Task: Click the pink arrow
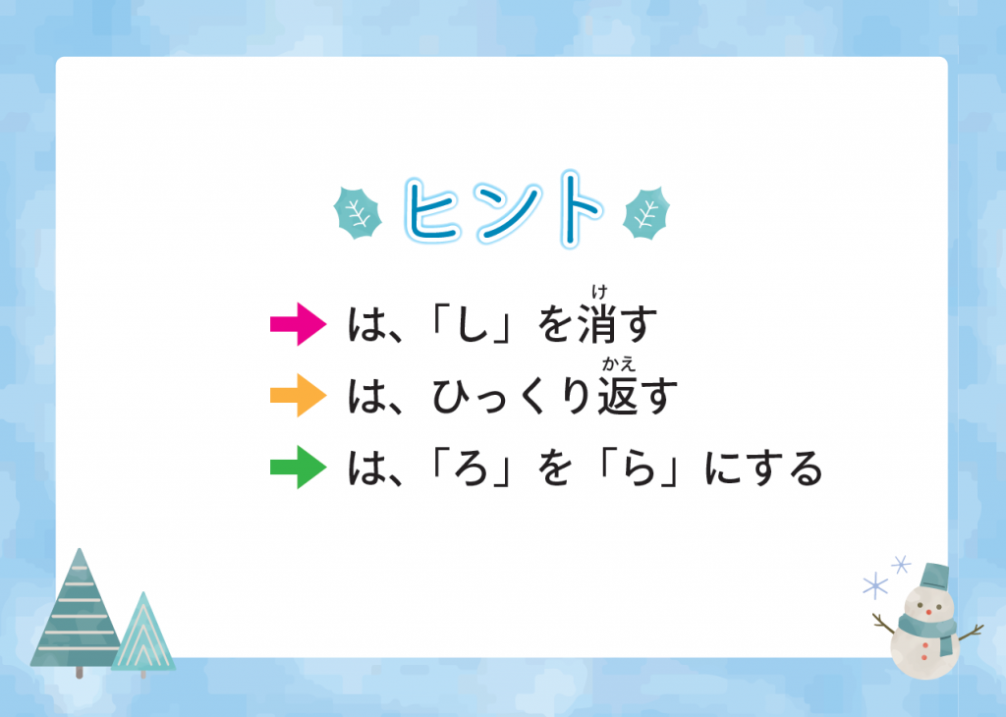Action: point(299,324)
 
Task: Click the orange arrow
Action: point(299,395)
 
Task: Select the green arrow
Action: point(299,467)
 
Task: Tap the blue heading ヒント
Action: point(504,210)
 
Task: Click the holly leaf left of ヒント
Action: point(358,213)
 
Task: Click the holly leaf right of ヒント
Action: point(646,213)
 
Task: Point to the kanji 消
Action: point(596,324)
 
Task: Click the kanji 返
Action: point(617,396)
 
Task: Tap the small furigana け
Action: point(599,293)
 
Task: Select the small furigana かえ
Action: point(619,364)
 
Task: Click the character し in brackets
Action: point(473,324)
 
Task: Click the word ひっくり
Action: point(511,397)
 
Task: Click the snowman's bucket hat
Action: point(933,576)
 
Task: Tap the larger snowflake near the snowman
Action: point(875,585)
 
